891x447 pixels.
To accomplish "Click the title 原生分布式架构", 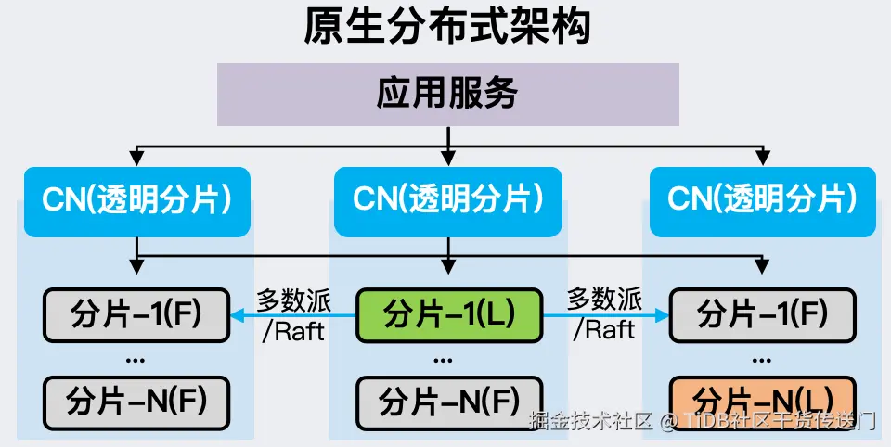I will click(446, 28).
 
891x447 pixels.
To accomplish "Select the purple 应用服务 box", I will click(446, 94).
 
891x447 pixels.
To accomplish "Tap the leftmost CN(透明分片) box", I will click(137, 201).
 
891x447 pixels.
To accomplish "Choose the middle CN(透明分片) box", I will click(448, 201).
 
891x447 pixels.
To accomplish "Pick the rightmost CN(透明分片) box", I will click(762, 201).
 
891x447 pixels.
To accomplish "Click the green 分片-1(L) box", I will click(449, 313).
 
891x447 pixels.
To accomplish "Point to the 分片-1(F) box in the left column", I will click(136, 313).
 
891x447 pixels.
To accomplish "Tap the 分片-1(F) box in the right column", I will click(762, 313).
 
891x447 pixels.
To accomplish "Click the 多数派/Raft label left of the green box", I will click(293, 314).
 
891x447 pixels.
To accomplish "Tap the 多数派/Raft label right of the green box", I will click(604, 314).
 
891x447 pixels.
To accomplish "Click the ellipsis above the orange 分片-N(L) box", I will click(761, 359).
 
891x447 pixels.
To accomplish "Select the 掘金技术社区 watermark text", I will click(589, 422).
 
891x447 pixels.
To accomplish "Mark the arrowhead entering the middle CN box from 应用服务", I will click(448, 160).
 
